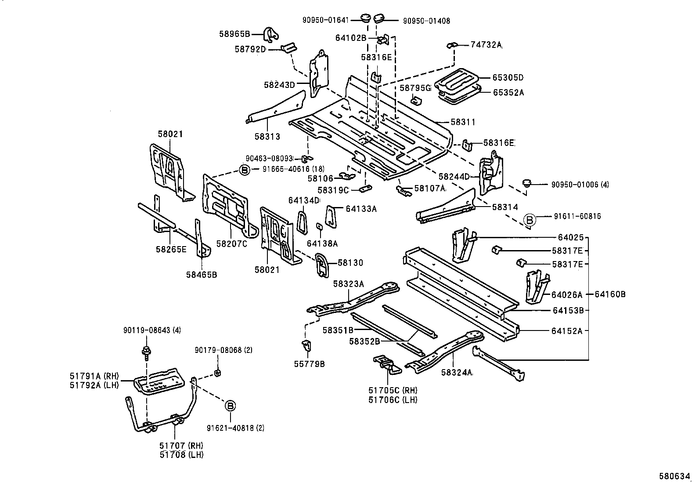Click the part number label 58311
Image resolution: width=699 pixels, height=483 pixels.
463,122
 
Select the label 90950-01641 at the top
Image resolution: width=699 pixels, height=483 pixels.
326,20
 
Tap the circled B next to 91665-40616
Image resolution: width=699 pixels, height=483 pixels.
245,169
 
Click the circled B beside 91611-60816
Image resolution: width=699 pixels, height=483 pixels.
530,220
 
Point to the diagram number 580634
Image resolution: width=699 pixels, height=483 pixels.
677,476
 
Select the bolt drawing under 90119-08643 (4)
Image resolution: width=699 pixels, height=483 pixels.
145,352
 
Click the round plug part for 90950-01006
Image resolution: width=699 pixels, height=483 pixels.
527,183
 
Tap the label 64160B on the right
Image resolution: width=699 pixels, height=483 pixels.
610,294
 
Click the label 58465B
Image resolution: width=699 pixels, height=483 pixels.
201,275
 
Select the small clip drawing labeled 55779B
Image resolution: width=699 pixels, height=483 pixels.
307,346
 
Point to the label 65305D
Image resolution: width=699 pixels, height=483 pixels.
508,78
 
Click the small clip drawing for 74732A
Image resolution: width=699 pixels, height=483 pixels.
452,45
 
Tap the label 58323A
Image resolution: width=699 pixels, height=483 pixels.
348,284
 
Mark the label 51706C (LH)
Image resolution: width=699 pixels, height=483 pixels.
393,399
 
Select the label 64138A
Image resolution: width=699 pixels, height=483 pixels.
322,243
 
